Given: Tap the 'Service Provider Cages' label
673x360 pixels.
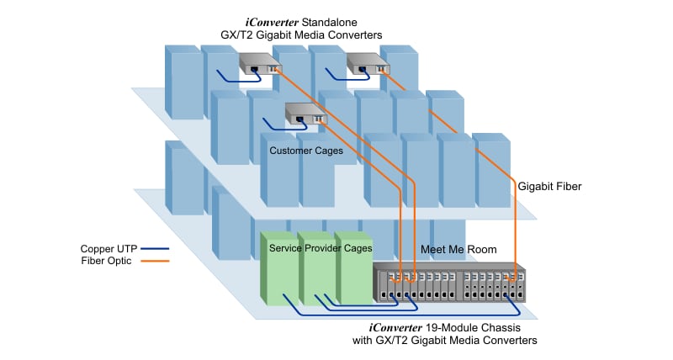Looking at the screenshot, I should [x=320, y=249].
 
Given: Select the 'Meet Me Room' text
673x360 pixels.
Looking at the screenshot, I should [x=457, y=250].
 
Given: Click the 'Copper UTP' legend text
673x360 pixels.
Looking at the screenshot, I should [x=109, y=249].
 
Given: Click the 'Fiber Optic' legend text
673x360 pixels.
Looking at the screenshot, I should [x=109, y=261].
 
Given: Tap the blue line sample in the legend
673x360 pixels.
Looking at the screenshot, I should [x=156, y=249].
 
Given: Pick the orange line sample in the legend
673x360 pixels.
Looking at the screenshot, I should [x=156, y=262].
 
